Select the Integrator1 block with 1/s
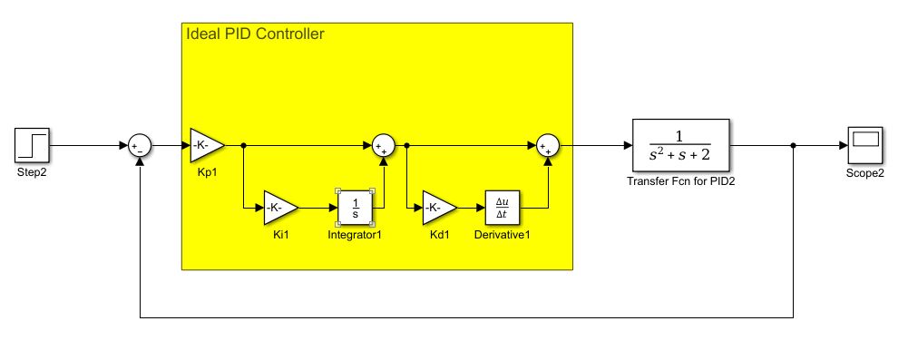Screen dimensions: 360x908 click(x=356, y=209)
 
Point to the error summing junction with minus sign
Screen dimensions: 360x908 click(x=139, y=145)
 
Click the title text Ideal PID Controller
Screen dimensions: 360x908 click(x=255, y=34)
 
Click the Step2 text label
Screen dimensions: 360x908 click(x=32, y=171)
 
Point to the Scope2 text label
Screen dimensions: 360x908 click(x=865, y=172)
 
